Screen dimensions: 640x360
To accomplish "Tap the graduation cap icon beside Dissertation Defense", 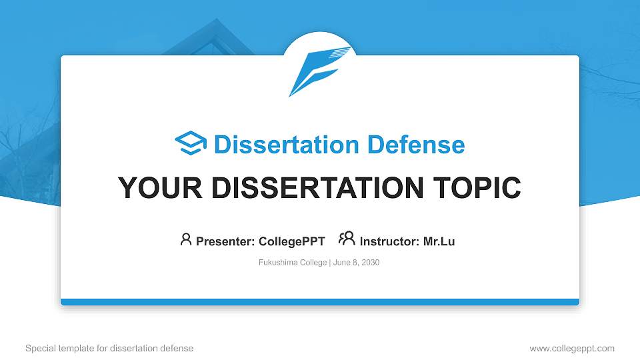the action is point(191,143).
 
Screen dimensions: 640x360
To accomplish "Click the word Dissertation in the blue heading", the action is point(286,145).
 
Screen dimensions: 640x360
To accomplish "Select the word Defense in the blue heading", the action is point(416,145).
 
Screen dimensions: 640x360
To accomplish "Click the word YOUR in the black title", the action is point(160,187).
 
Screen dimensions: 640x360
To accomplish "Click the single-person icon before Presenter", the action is point(186,239).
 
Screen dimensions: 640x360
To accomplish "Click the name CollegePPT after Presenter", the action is point(292,241).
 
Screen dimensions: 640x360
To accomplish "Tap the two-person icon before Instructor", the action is point(347,239).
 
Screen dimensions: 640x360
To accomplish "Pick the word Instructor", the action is point(389,241).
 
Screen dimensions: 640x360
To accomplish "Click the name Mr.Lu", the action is point(439,241).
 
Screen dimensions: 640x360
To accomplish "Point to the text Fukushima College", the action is point(293,263).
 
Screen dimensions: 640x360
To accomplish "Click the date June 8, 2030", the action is point(356,263).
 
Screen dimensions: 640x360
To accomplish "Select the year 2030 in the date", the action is point(371,263).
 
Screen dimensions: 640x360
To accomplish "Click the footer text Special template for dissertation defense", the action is point(109,348).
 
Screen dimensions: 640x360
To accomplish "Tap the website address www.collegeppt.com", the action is point(572,348).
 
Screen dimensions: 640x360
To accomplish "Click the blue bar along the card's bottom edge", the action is point(320,302).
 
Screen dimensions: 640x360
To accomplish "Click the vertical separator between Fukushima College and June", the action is point(330,263).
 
